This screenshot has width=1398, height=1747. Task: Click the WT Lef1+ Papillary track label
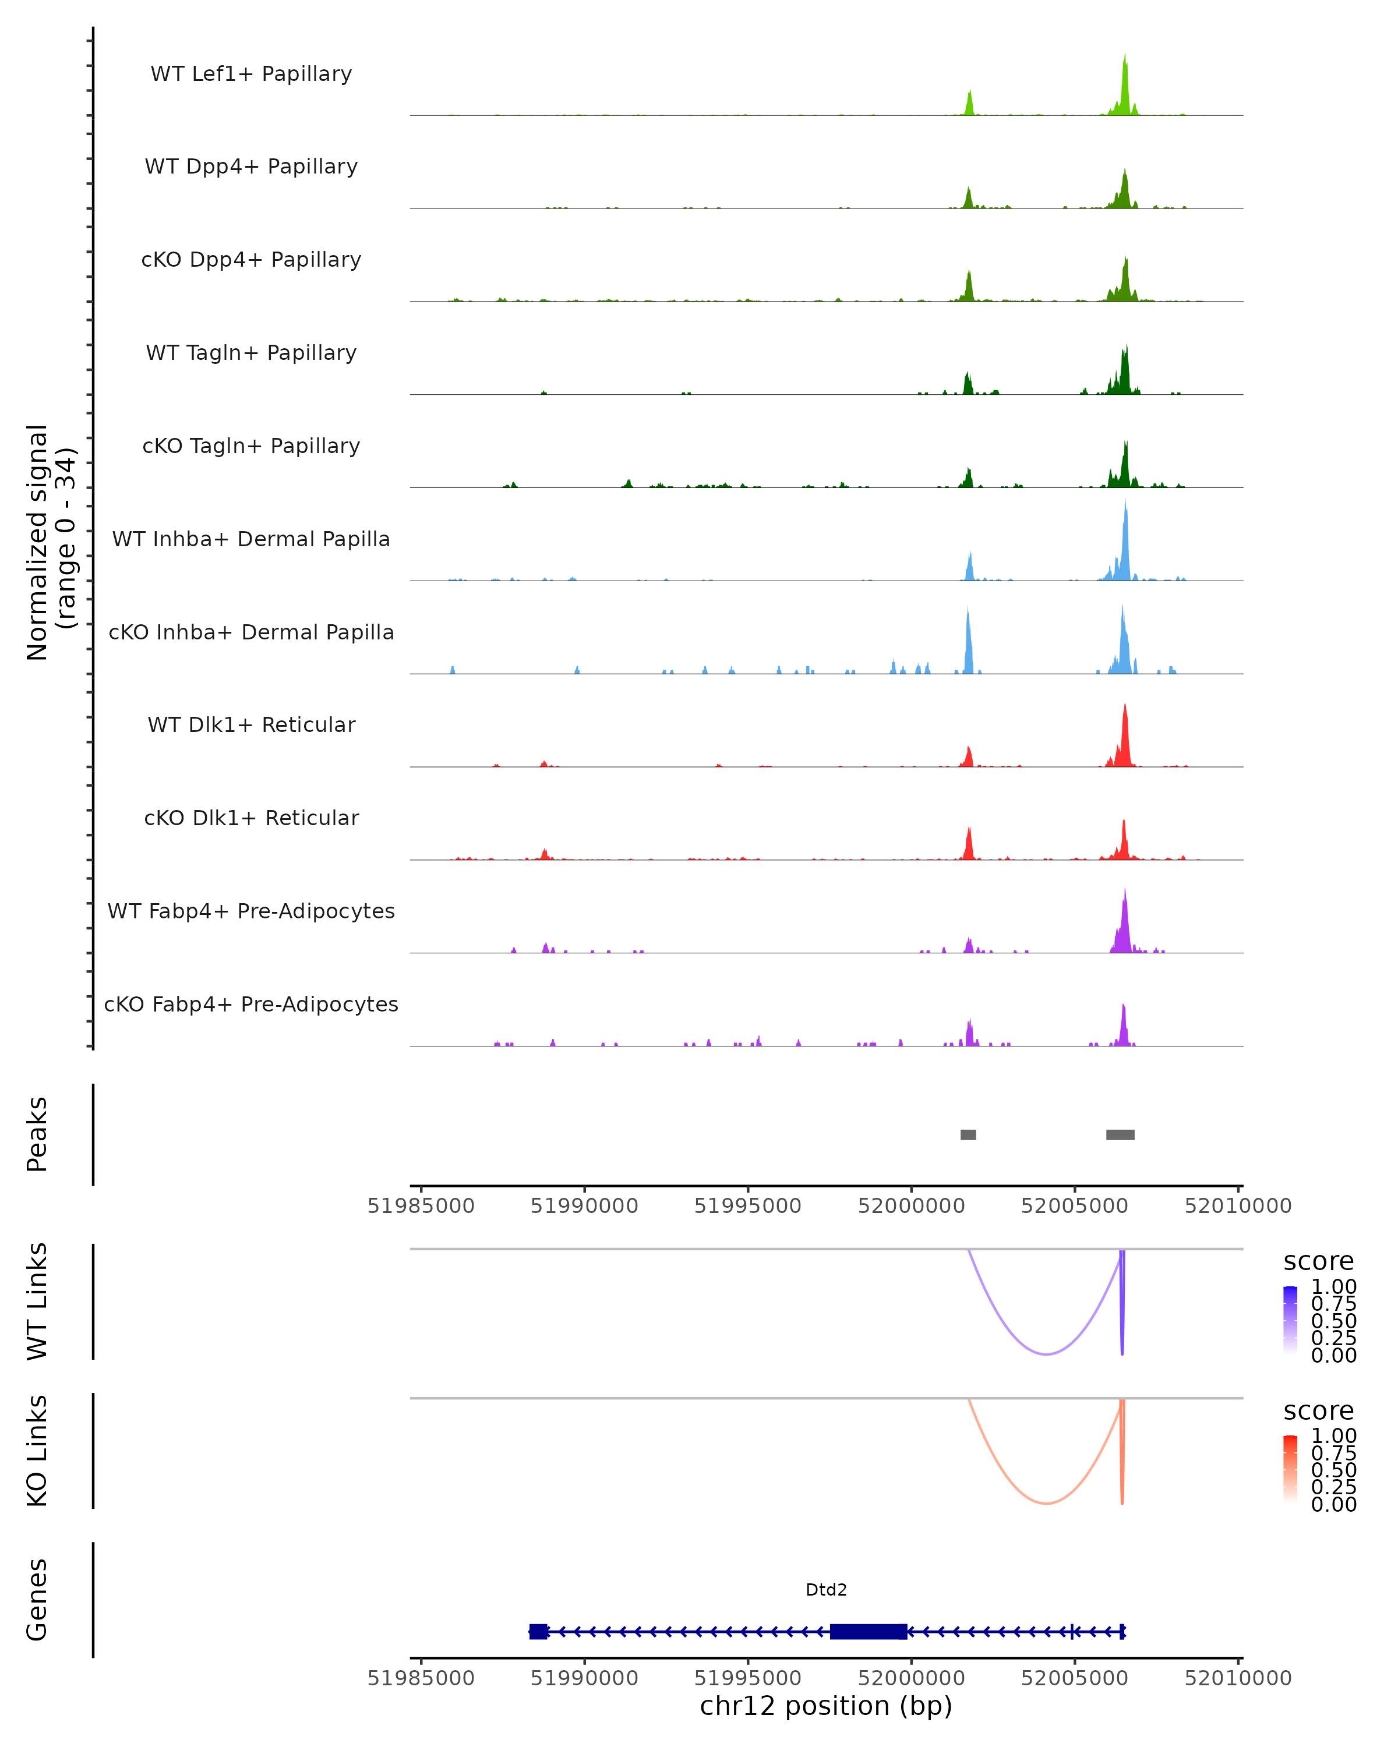click(251, 74)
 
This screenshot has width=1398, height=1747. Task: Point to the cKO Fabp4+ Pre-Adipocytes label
click(251, 1004)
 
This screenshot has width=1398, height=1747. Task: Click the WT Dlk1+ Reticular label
click(251, 724)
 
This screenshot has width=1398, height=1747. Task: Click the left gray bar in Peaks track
click(968, 1134)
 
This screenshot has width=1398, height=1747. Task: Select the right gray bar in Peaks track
click(1120, 1134)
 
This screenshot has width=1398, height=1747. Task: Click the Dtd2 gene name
click(826, 1590)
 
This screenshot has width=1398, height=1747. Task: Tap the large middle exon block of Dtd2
click(868, 1631)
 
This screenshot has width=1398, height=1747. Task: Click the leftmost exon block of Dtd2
click(538, 1631)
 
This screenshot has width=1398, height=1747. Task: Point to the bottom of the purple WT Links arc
click(1046, 1354)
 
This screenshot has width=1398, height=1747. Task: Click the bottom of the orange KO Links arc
click(1046, 1503)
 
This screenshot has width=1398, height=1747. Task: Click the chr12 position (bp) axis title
click(826, 1706)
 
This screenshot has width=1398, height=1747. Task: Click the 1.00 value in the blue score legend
click(1333, 1287)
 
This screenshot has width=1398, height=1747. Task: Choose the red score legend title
click(1318, 1411)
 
